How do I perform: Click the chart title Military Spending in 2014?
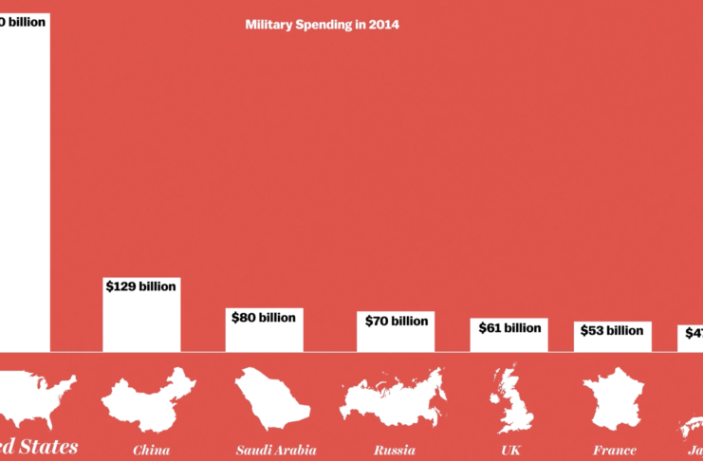[323, 26]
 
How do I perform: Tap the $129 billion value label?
[140, 286]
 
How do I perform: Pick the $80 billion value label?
[264, 317]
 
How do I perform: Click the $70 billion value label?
[396, 321]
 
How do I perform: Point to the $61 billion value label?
[509, 327]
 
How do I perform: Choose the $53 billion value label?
[612, 331]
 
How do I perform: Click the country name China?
[152, 450]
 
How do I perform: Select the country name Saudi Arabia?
[276, 450]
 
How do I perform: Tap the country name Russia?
[394, 450]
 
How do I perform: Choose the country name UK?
[510, 450]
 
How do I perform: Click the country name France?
[614, 450]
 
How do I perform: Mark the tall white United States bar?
[24, 190]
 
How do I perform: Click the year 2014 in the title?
[384, 26]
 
